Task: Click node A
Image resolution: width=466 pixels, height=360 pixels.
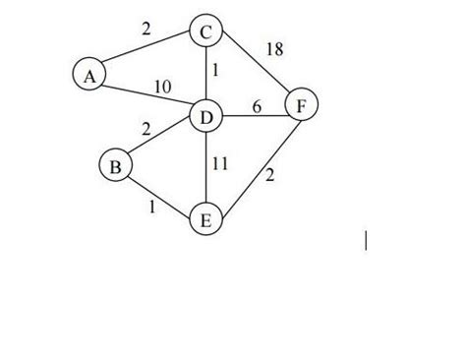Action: [x=89, y=74]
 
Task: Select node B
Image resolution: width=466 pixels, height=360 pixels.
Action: [x=115, y=166]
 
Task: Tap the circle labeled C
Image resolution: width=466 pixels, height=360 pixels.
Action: [x=205, y=32]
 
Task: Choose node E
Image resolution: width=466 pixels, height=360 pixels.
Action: [x=205, y=219]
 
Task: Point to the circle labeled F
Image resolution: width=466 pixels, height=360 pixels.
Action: [x=301, y=103]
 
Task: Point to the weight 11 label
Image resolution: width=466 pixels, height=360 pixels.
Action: [x=220, y=164]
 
